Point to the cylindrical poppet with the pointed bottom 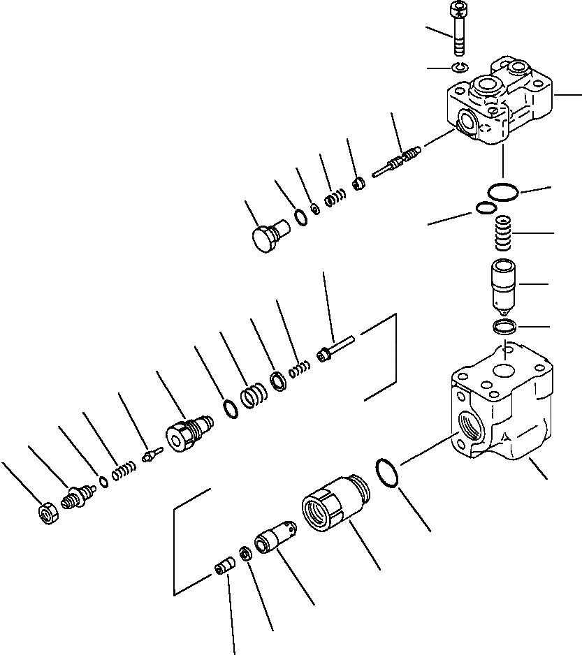505,284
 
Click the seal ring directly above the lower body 504,325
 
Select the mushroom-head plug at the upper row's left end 267,235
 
